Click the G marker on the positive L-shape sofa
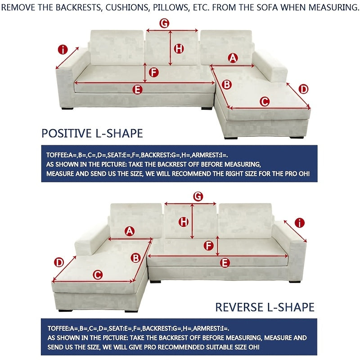[x=165, y=23]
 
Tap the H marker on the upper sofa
[x=179, y=48]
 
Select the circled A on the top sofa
[x=233, y=57]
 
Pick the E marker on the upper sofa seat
[x=138, y=89]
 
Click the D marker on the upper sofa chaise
[x=304, y=89]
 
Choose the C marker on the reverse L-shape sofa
[x=97, y=274]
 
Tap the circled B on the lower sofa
[x=136, y=258]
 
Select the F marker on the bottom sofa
[x=208, y=245]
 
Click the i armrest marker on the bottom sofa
[x=300, y=222]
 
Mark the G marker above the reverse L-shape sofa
[x=198, y=196]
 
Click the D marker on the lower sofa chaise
[x=59, y=262]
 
